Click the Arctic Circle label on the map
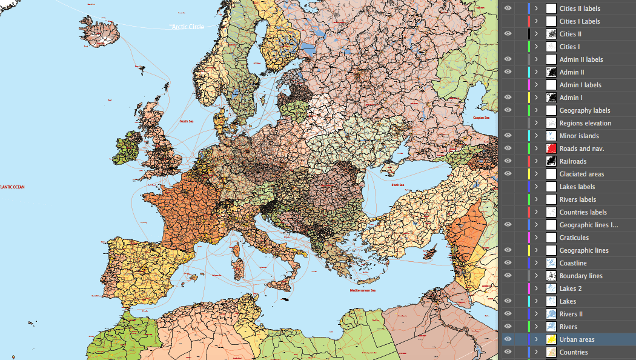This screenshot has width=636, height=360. click(x=187, y=27)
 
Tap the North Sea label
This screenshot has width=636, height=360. click(x=187, y=121)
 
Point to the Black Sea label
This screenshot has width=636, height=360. click(x=398, y=185)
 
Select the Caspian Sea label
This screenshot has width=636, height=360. click(x=482, y=118)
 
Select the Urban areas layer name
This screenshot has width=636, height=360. click(x=577, y=339)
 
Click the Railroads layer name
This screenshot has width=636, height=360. click(x=573, y=161)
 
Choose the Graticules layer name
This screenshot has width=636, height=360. click(x=574, y=238)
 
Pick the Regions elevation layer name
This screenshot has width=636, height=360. click(x=585, y=123)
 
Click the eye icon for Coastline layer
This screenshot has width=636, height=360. click(x=508, y=263)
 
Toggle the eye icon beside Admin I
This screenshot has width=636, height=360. click(x=508, y=98)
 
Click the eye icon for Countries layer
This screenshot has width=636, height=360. click(x=508, y=352)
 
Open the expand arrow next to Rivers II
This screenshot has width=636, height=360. click(x=536, y=314)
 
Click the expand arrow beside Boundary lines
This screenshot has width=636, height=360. click(x=536, y=276)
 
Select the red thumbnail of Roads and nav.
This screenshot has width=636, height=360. click(x=551, y=148)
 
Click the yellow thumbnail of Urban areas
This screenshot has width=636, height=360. click(x=551, y=339)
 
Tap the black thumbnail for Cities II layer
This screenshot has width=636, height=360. click(x=551, y=34)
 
